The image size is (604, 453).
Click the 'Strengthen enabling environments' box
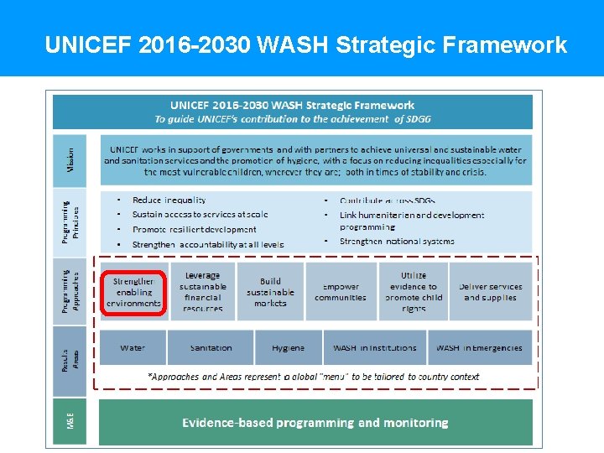(133, 292)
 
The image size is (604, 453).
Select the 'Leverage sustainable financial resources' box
(202, 292)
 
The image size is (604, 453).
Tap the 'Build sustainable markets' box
(270, 292)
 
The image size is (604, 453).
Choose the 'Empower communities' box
(340, 292)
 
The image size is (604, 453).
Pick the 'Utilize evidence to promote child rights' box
(413, 292)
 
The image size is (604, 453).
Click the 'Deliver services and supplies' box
(491, 292)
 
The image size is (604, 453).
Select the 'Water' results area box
(132, 347)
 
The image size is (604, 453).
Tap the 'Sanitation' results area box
(211, 347)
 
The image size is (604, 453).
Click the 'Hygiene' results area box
(288, 347)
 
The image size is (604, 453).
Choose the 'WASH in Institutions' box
(374, 347)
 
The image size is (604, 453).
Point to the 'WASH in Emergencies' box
(479, 347)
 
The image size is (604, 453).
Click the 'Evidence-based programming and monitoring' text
(315, 423)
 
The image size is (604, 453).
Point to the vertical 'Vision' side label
(71, 161)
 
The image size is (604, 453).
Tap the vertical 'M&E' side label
(71, 423)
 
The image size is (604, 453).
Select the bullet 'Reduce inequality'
(169, 200)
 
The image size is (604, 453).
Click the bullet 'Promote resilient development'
(194, 229)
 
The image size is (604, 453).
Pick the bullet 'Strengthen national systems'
(397, 242)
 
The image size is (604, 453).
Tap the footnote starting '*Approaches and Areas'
(313, 377)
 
